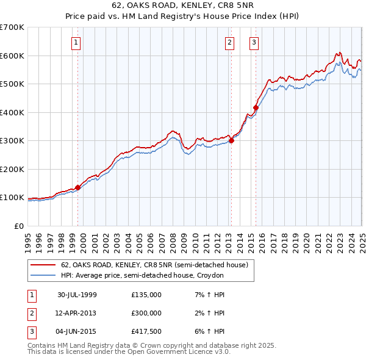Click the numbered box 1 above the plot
(x=76, y=42)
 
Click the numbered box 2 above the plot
(x=229, y=42)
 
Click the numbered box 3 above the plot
(x=253, y=42)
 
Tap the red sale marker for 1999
(x=78, y=188)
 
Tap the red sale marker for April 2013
(x=231, y=141)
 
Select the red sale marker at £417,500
(x=256, y=108)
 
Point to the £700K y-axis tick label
(x=12, y=27)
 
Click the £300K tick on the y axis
(x=12, y=141)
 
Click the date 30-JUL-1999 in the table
(x=77, y=295)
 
